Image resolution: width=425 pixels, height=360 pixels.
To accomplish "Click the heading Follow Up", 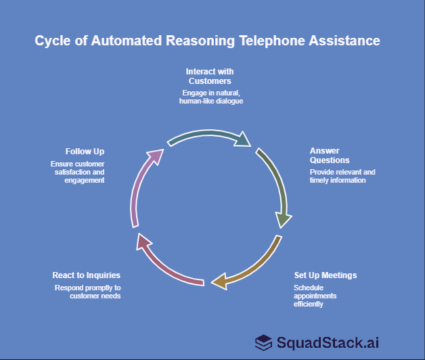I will [x=85, y=151].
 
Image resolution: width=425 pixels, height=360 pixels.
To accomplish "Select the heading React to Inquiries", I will [x=87, y=275].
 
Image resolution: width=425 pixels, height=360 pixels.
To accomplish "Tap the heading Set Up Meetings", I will [x=326, y=275].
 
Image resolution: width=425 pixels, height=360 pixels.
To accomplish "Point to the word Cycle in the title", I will [x=52, y=41].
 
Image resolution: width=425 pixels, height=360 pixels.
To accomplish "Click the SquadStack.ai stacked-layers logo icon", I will [x=264, y=342].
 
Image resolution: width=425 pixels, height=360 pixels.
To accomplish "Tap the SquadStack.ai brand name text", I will [x=328, y=342].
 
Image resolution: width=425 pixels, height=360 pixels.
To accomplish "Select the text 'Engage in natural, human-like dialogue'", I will [x=210, y=97].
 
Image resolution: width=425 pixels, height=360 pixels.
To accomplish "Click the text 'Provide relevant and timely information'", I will [x=342, y=176].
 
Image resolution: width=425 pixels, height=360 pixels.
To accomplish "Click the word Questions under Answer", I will [x=330, y=160].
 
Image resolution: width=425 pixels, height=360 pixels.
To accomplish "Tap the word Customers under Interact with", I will [x=210, y=81].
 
